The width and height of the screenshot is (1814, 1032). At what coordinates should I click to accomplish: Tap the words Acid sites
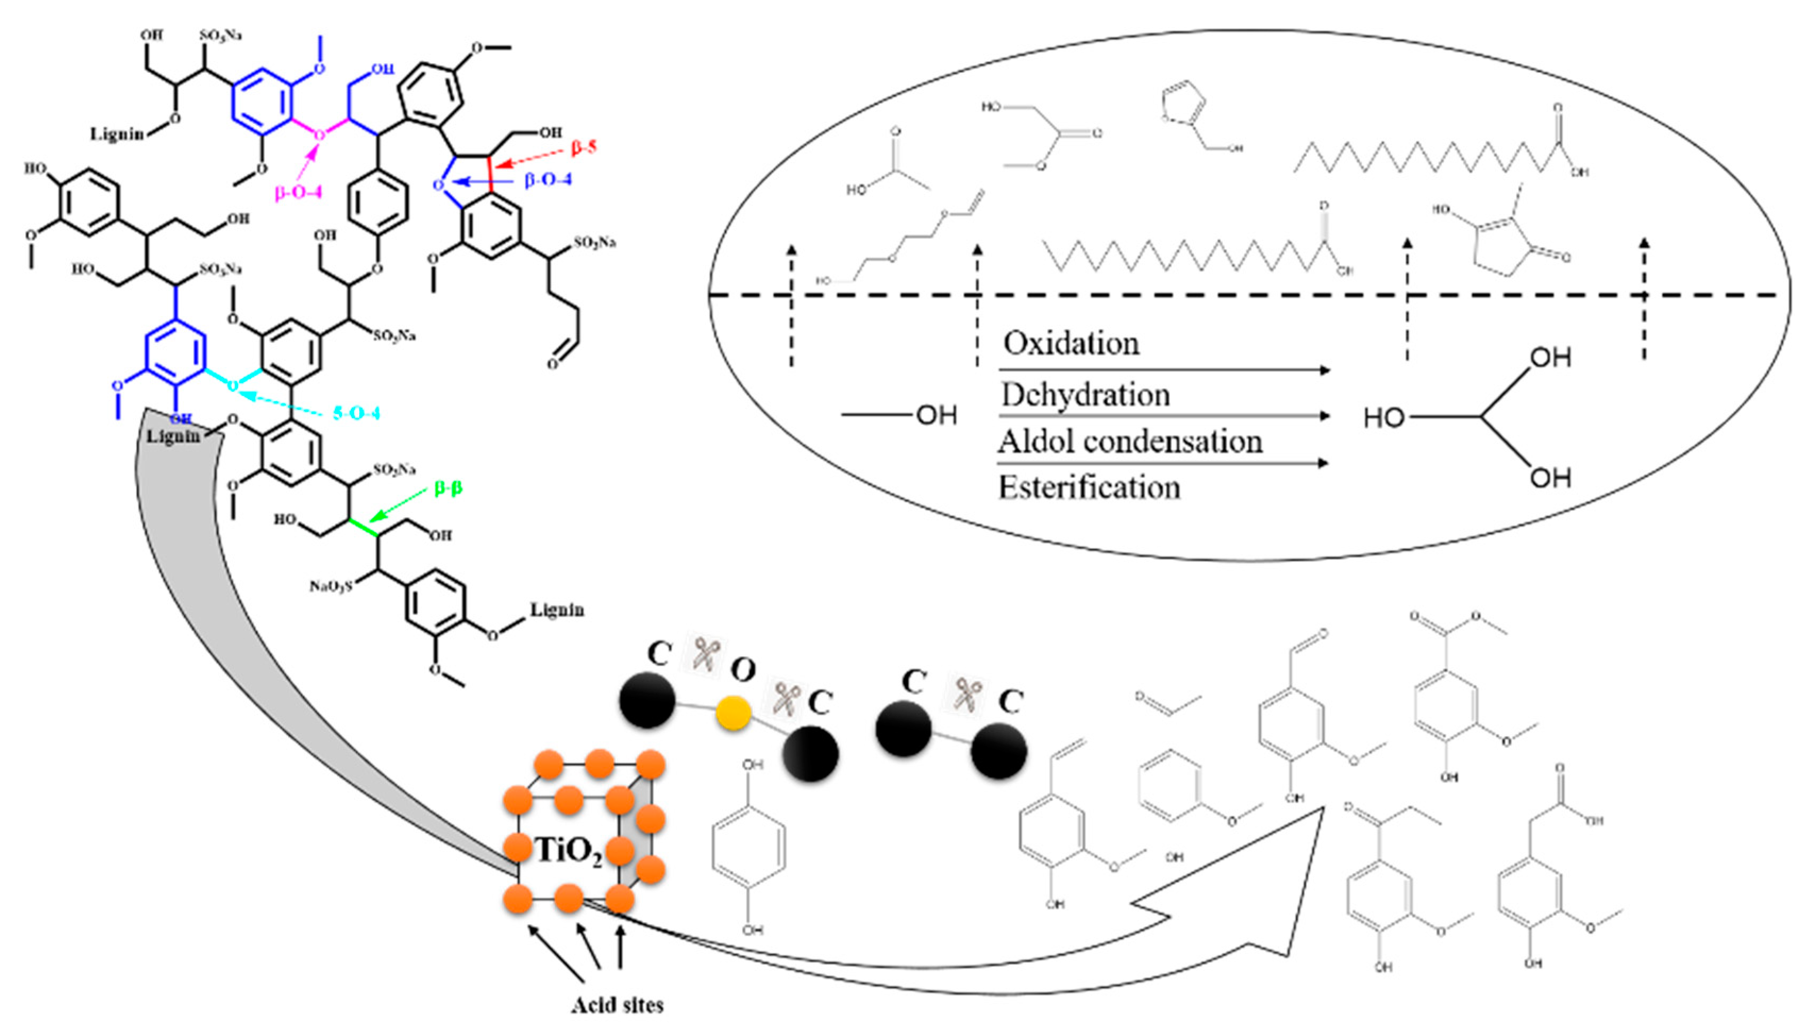click(x=617, y=1005)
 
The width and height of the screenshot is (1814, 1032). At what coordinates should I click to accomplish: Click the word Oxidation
click(x=1071, y=343)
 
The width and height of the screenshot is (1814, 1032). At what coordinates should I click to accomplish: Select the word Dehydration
click(x=1085, y=395)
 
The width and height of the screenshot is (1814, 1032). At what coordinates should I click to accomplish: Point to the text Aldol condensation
click(x=1130, y=442)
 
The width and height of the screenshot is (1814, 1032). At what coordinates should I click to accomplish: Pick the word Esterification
click(x=1090, y=488)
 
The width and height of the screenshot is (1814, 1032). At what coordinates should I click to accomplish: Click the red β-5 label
click(x=584, y=147)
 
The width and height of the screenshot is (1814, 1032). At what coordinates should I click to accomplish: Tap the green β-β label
click(x=448, y=488)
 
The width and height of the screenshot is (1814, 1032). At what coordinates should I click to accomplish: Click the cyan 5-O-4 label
click(x=356, y=412)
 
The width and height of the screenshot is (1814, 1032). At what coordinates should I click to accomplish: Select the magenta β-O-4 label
click(x=298, y=191)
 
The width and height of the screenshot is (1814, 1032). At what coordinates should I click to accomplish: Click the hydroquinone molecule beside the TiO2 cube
click(x=749, y=847)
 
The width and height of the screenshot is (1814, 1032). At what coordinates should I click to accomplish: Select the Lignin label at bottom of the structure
click(x=557, y=610)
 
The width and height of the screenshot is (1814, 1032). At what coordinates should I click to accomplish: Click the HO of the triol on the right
click(x=1383, y=418)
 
